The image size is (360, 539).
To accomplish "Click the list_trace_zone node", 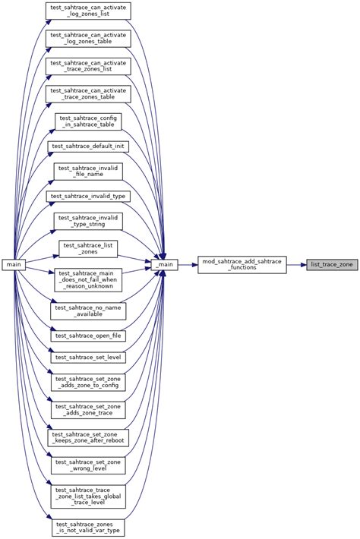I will tap(331, 265).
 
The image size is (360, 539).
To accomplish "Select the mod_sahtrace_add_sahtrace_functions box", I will tap(242, 265).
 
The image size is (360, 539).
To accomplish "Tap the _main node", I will tap(164, 265).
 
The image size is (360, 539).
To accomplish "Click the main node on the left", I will tap(14, 265).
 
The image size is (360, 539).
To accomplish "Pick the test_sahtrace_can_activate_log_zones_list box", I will tap(88, 11).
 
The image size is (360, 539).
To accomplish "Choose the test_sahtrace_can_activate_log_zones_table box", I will tap(88, 39).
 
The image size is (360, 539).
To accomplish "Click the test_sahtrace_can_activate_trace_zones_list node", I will tap(88, 65).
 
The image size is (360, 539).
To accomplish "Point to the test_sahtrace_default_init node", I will tap(88, 145).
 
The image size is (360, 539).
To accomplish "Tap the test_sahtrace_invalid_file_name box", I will tap(88, 169).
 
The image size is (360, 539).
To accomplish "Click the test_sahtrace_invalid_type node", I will tap(88, 196).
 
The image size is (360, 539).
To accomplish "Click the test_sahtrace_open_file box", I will tap(88, 335).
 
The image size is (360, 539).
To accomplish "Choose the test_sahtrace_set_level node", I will tap(88, 357).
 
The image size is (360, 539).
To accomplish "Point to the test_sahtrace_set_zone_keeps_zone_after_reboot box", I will tap(88, 437).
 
